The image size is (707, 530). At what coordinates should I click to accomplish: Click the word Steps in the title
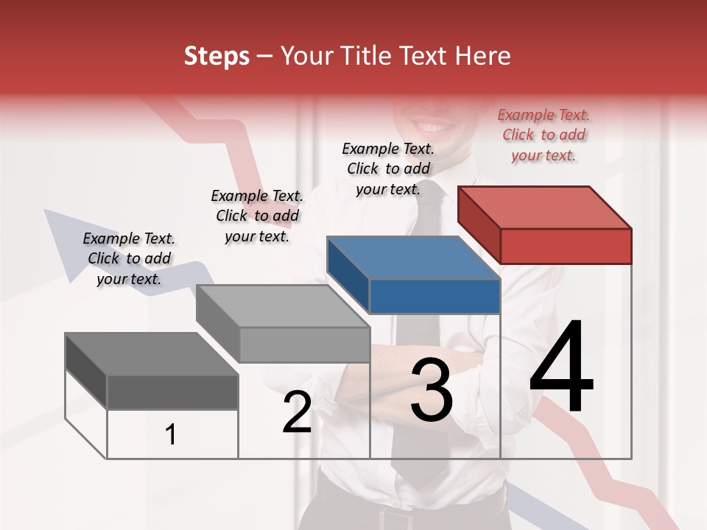[217, 57]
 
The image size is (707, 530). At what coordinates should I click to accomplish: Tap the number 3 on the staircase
[431, 390]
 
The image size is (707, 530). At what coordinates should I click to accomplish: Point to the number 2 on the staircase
[297, 413]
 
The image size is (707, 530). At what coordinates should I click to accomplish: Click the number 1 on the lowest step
[171, 434]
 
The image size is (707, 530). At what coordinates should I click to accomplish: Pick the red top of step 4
[545, 207]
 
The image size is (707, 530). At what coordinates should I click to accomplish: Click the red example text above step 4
[544, 135]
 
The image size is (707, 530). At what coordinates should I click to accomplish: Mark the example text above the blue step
[388, 169]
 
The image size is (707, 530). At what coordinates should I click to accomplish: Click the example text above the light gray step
[257, 216]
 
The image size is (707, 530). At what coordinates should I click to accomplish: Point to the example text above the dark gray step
[129, 258]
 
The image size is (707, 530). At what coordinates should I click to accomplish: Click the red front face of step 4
[566, 246]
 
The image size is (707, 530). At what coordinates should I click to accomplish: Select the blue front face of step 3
[435, 297]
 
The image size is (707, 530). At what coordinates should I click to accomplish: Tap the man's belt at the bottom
[412, 512]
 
